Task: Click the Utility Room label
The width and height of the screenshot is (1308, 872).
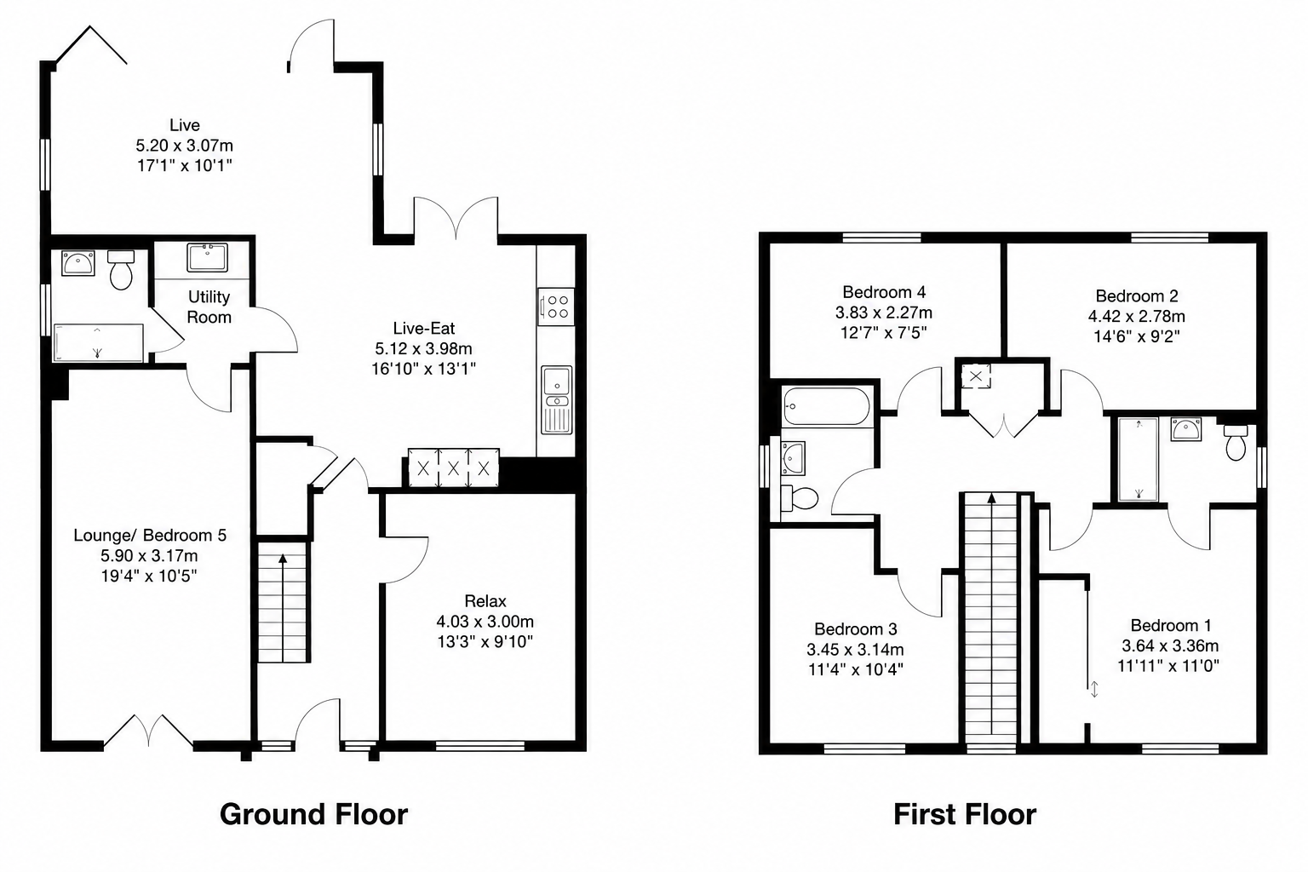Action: point(209,307)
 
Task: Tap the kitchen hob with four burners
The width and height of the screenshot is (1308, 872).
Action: point(555,307)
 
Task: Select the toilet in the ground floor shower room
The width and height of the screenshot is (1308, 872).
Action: point(121,270)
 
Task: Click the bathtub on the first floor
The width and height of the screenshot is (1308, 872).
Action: point(826,406)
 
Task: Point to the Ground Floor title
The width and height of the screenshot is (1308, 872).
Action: point(313,814)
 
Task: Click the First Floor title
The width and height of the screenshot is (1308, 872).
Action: point(965,814)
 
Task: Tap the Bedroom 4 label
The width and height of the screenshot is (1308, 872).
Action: point(883,292)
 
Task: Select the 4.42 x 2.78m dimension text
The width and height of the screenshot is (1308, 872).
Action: point(1136,317)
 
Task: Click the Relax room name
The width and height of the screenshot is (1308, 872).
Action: point(485,601)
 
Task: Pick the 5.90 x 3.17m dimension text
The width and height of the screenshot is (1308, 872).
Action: point(149,555)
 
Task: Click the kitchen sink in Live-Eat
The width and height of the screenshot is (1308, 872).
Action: point(556,400)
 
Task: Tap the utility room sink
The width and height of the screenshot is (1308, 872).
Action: point(207,257)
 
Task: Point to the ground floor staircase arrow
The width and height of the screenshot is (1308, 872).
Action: point(283,607)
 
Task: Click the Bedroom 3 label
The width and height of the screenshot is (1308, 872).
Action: point(856,629)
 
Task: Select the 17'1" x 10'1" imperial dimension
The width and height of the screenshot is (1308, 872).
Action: point(185,166)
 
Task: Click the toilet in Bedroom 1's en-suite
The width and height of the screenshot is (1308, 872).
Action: point(1236,443)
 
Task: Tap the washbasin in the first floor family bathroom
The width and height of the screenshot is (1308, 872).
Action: point(793,458)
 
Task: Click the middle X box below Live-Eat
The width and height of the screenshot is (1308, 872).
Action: point(453,468)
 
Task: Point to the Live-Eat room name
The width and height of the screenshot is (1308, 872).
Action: point(424,328)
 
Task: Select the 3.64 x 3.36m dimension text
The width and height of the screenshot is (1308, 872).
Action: point(1169,646)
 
